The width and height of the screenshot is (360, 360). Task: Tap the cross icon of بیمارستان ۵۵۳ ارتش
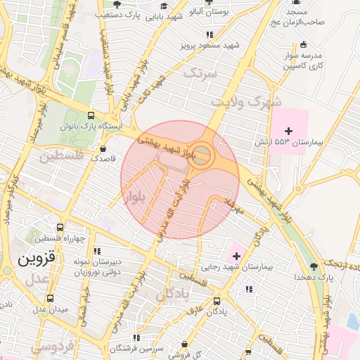288,130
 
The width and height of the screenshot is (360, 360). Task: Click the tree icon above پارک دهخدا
314,266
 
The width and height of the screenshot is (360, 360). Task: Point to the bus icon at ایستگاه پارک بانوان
91,116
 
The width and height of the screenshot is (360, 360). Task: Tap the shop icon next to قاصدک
104,149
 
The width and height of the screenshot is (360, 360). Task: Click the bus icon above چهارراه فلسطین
60,228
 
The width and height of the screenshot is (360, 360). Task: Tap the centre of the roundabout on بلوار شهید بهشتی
203,156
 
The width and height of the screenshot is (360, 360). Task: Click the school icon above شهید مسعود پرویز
210,34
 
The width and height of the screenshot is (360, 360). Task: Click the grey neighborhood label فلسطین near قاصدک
59,155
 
